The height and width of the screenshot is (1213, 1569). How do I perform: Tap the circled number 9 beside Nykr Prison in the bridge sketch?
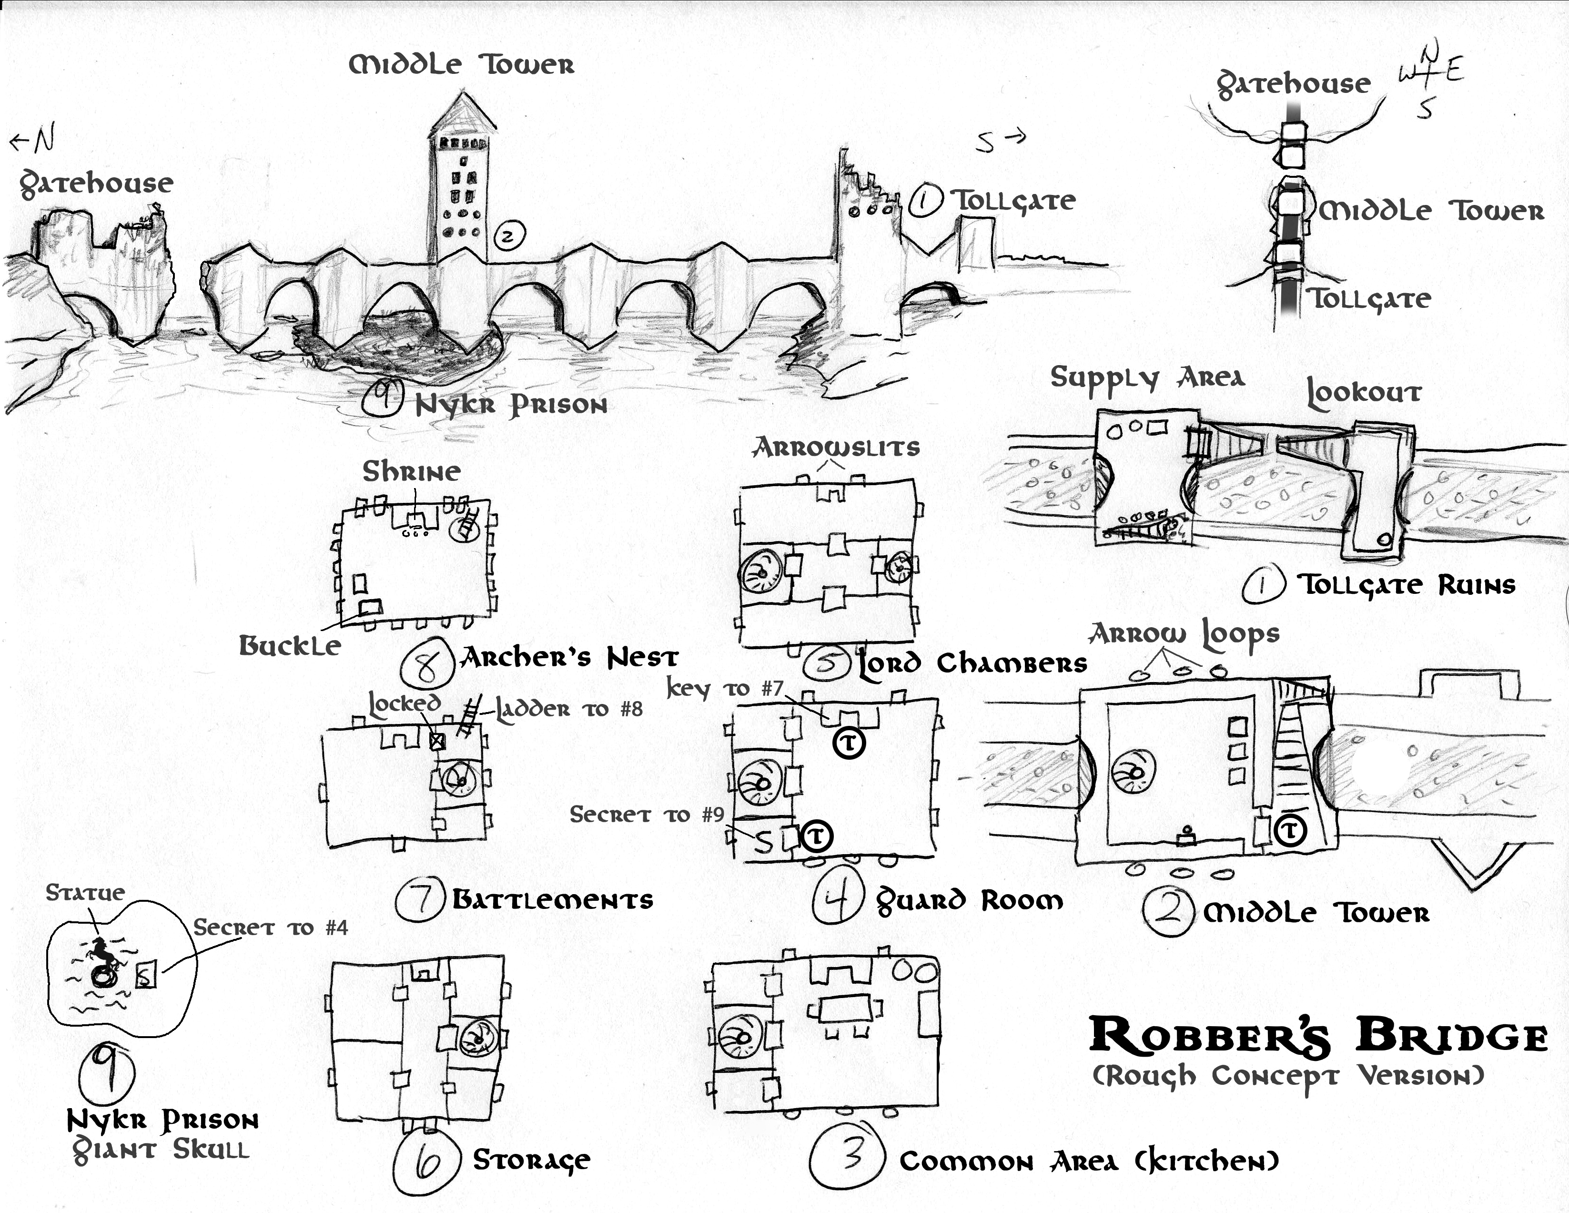382,398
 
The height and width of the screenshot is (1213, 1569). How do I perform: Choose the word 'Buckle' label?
290,646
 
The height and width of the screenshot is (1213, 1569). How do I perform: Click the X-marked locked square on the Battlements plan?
437,741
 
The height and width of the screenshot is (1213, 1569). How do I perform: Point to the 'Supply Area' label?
1146,377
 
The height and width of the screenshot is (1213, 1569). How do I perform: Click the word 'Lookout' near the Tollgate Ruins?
1363,392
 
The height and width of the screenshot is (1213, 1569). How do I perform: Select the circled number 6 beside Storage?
427,1161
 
